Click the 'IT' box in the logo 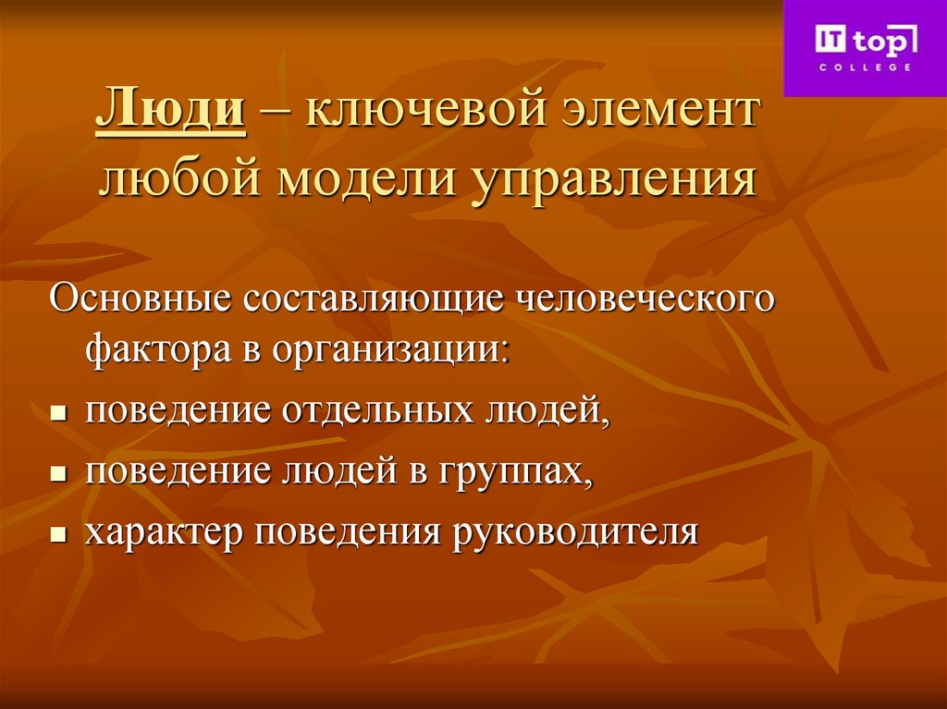pyautogui.click(x=828, y=41)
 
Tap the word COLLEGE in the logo pyautogui.click(x=865, y=67)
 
